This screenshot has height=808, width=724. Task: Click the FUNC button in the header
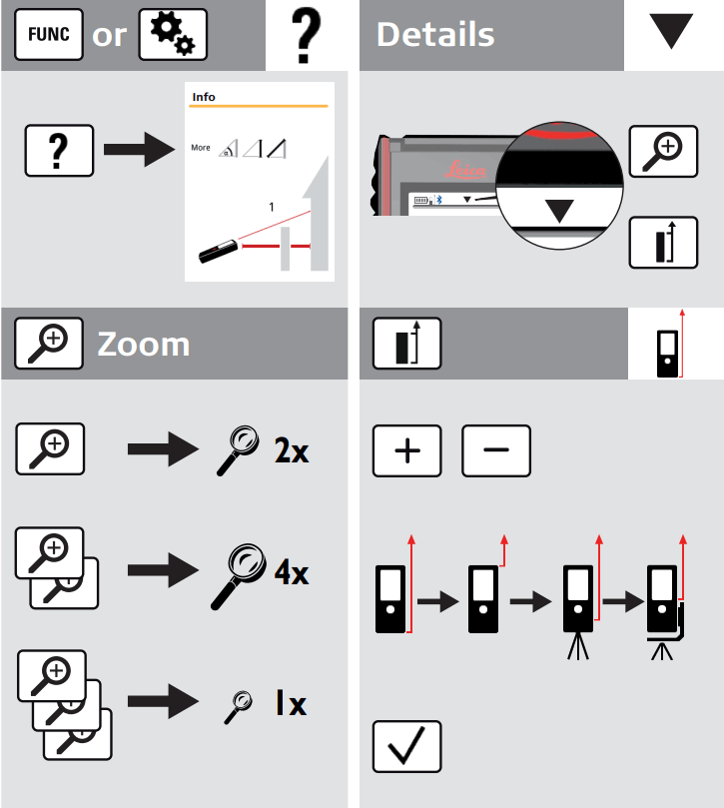tap(47, 35)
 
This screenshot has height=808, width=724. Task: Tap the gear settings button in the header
tap(172, 35)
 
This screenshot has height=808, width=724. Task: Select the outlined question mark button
tap(59, 153)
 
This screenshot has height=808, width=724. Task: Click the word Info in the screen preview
tap(204, 97)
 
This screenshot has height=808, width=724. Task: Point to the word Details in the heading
tap(435, 35)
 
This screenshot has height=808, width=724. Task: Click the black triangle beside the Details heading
tap(670, 33)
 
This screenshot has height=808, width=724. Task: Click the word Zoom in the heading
tap(143, 344)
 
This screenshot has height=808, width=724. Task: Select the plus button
tap(407, 450)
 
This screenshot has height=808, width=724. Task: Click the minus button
tap(496, 450)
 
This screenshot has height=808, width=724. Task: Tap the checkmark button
tap(407, 746)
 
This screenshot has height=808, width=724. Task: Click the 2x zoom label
tap(292, 450)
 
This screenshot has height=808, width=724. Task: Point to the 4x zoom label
tap(292, 572)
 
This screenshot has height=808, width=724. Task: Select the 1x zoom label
tap(292, 704)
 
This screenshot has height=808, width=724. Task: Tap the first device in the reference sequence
tap(390, 598)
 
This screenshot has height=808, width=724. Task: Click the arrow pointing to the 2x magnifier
tap(165, 450)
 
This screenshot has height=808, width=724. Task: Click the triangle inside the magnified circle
tap(560, 211)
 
